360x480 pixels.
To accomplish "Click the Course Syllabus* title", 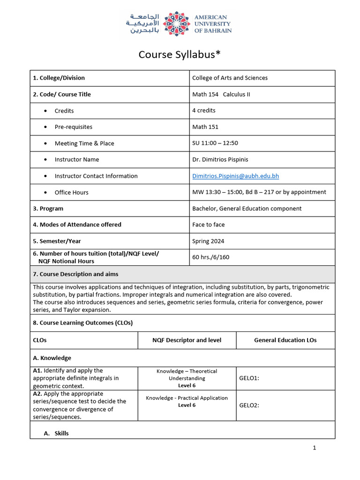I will [x=180, y=55].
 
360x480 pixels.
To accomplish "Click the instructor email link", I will [x=235, y=176].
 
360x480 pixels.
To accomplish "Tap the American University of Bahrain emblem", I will [x=176, y=23].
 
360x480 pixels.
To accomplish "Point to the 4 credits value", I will [x=204, y=111].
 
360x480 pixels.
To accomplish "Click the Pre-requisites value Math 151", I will [x=205, y=127].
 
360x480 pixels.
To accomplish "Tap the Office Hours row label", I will [x=71, y=193].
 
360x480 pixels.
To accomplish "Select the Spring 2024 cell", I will [x=208, y=241].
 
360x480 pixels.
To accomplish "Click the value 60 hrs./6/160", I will [x=211, y=257].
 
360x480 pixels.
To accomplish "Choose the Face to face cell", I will [x=209, y=225].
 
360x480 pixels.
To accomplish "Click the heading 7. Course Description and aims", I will [x=75, y=274].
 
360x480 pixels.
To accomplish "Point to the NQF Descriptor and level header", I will [x=187, y=340].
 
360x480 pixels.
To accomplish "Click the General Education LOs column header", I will [x=285, y=340].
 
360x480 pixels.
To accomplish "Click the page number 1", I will [x=315, y=448].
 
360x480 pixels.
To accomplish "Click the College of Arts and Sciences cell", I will [x=230, y=78].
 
